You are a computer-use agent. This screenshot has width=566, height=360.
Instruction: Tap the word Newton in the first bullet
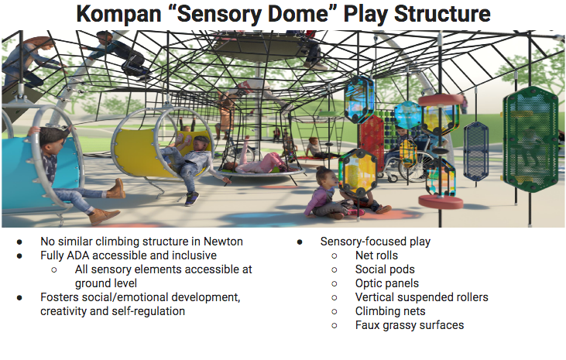coord(221,242)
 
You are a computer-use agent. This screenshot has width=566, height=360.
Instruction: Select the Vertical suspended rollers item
coord(421,297)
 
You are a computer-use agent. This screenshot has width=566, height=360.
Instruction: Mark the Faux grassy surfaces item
coord(410,325)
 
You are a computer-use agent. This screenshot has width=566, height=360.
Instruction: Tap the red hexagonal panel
coord(371,139)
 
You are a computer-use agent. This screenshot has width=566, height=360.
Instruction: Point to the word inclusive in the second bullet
coord(194,255)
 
